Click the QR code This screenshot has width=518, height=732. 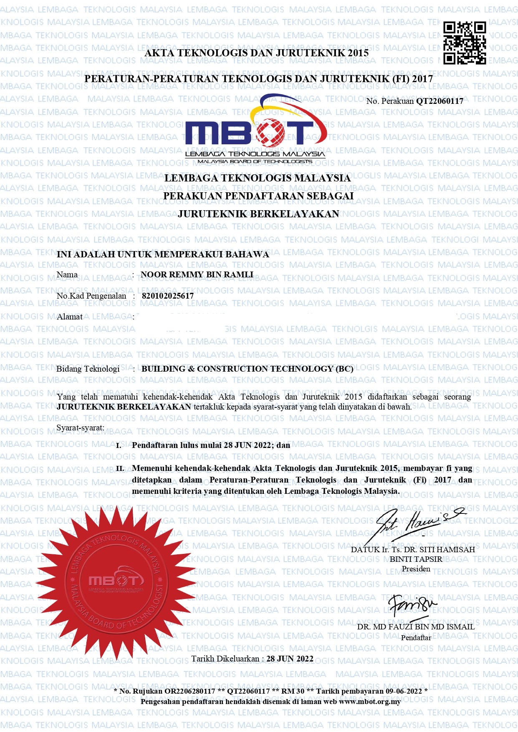pyautogui.click(x=465, y=43)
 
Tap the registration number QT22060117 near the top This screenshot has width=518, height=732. pyautogui.click(x=440, y=101)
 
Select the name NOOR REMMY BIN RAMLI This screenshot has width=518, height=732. pyautogui.click(x=197, y=275)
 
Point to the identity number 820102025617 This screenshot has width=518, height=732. pyautogui.click(x=168, y=296)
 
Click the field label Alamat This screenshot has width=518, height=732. pyautogui.click(x=70, y=317)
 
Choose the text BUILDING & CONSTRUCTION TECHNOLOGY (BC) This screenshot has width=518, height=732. pyautogui.click(x=247, y=369)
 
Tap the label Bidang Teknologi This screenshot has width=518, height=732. pyautogui.click(x=88, y=369)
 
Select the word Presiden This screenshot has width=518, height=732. pyautogui.click(x=416, y=569)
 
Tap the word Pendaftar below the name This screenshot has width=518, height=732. pyautogui.click(x=416, y=638)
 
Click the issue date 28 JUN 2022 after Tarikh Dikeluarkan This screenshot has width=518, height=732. pyautogui.click(x=290, y=659)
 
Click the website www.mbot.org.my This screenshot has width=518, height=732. pyautogui.click(x=370, y=702)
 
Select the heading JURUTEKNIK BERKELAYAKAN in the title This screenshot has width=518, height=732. pyautogui.click(x=258, y=214)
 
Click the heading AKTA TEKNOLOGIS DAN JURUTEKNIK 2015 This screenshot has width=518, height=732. pyautogui.click(x=257, y=53)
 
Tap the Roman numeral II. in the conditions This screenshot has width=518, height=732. pyautogui.click(x=120, y=468)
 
